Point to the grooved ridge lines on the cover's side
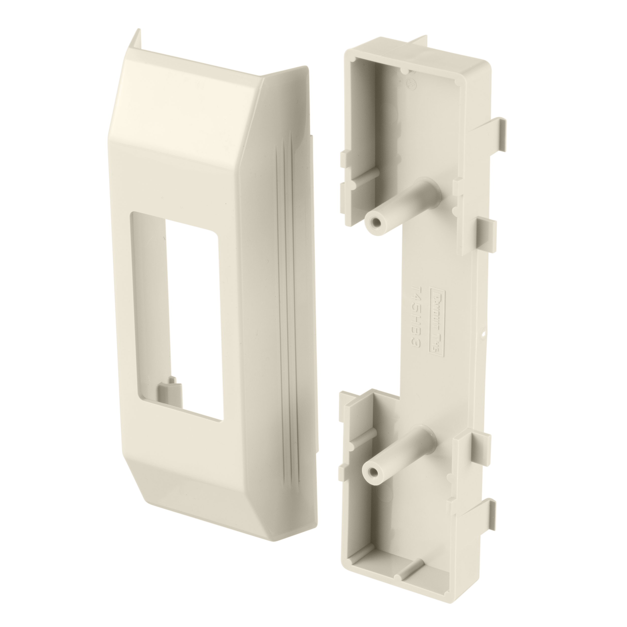point(286,292)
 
